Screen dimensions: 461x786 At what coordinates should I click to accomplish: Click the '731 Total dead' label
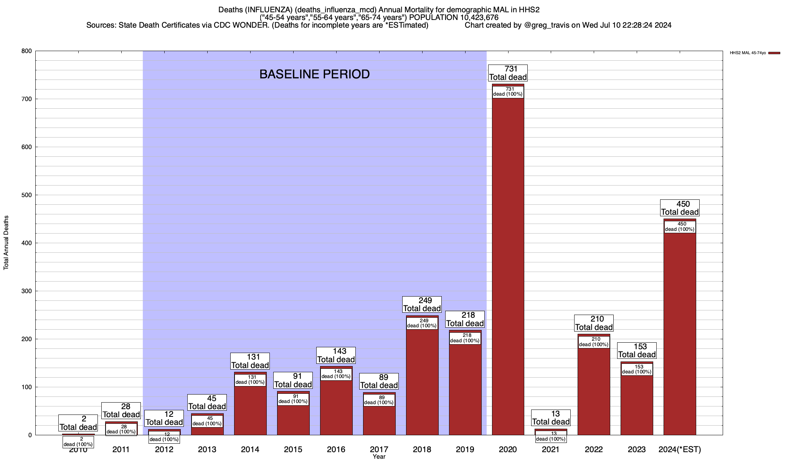(x=508, y=73)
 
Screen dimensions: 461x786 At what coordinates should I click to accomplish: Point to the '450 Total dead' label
(x=680, y=208)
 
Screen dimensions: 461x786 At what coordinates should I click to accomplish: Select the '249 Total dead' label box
(x=422, y=304)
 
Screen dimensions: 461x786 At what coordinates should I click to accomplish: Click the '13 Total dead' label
(x=551, y=418)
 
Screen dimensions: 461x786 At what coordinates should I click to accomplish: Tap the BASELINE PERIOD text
(x=314, y=74)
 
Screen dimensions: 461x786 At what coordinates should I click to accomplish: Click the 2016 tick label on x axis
(x=336, y=449)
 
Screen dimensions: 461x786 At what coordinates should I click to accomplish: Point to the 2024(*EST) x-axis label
(x=680, y=449)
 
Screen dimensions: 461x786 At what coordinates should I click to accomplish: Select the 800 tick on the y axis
(x=26, y=51)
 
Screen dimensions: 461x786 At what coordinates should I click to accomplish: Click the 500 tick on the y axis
(x=26, y=195)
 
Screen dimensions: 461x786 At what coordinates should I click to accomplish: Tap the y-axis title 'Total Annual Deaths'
(x=6, y=242)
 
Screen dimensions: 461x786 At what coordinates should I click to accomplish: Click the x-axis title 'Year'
(x=379, y=457)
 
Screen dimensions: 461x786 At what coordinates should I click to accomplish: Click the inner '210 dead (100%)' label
(x=594, y=342)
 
